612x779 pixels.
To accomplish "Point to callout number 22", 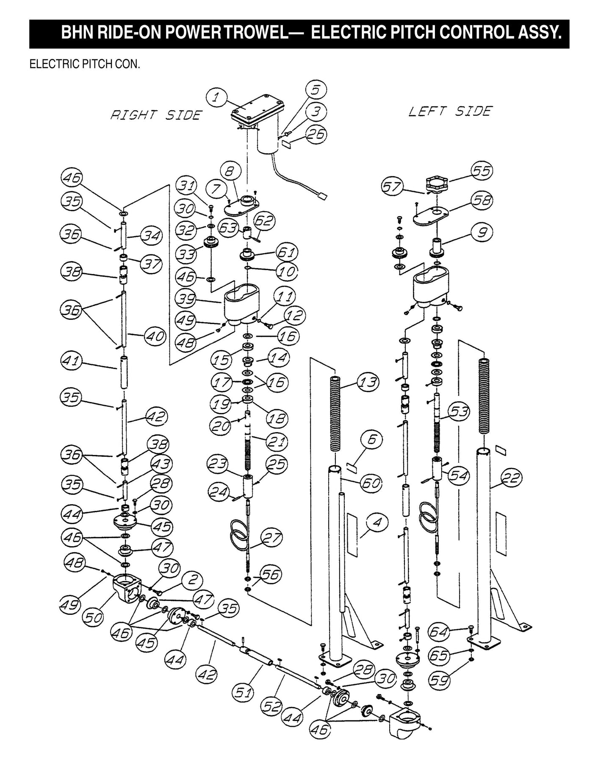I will coord(511,479).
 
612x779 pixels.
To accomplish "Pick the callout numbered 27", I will coord(271,538).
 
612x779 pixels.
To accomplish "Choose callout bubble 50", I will coord(92,617).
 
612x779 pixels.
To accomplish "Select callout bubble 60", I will coord(371,483).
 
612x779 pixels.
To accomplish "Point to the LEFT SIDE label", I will coord(450,112).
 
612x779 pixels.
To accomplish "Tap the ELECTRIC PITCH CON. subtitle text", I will coord(85,65).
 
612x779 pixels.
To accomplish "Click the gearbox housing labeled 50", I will coord(127,587).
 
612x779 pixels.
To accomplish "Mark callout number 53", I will coord(458,412).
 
